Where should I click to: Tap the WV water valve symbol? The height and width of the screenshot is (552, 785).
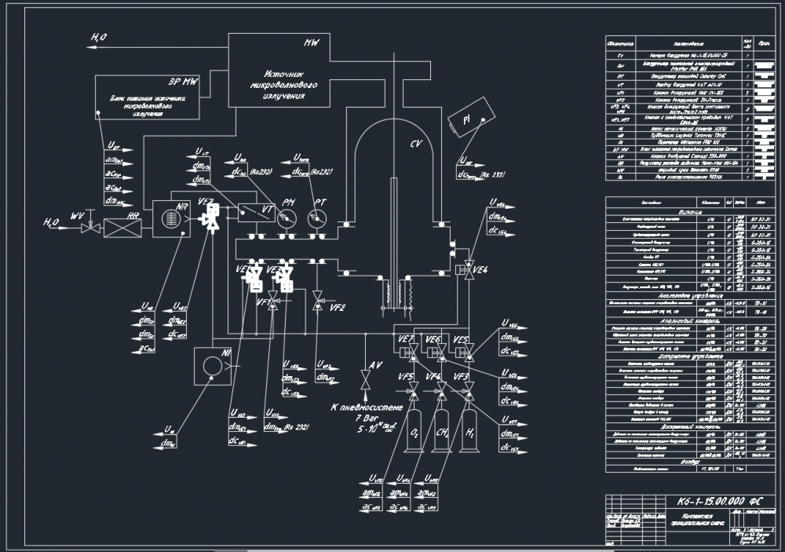pos(89,227)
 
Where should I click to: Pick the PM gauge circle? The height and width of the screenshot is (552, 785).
pos(287,218)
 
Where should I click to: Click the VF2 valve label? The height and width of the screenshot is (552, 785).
pos(338,308)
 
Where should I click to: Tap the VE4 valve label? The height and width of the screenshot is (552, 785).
pos(480,270)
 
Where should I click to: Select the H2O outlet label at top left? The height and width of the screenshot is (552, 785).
pos(100,37)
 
